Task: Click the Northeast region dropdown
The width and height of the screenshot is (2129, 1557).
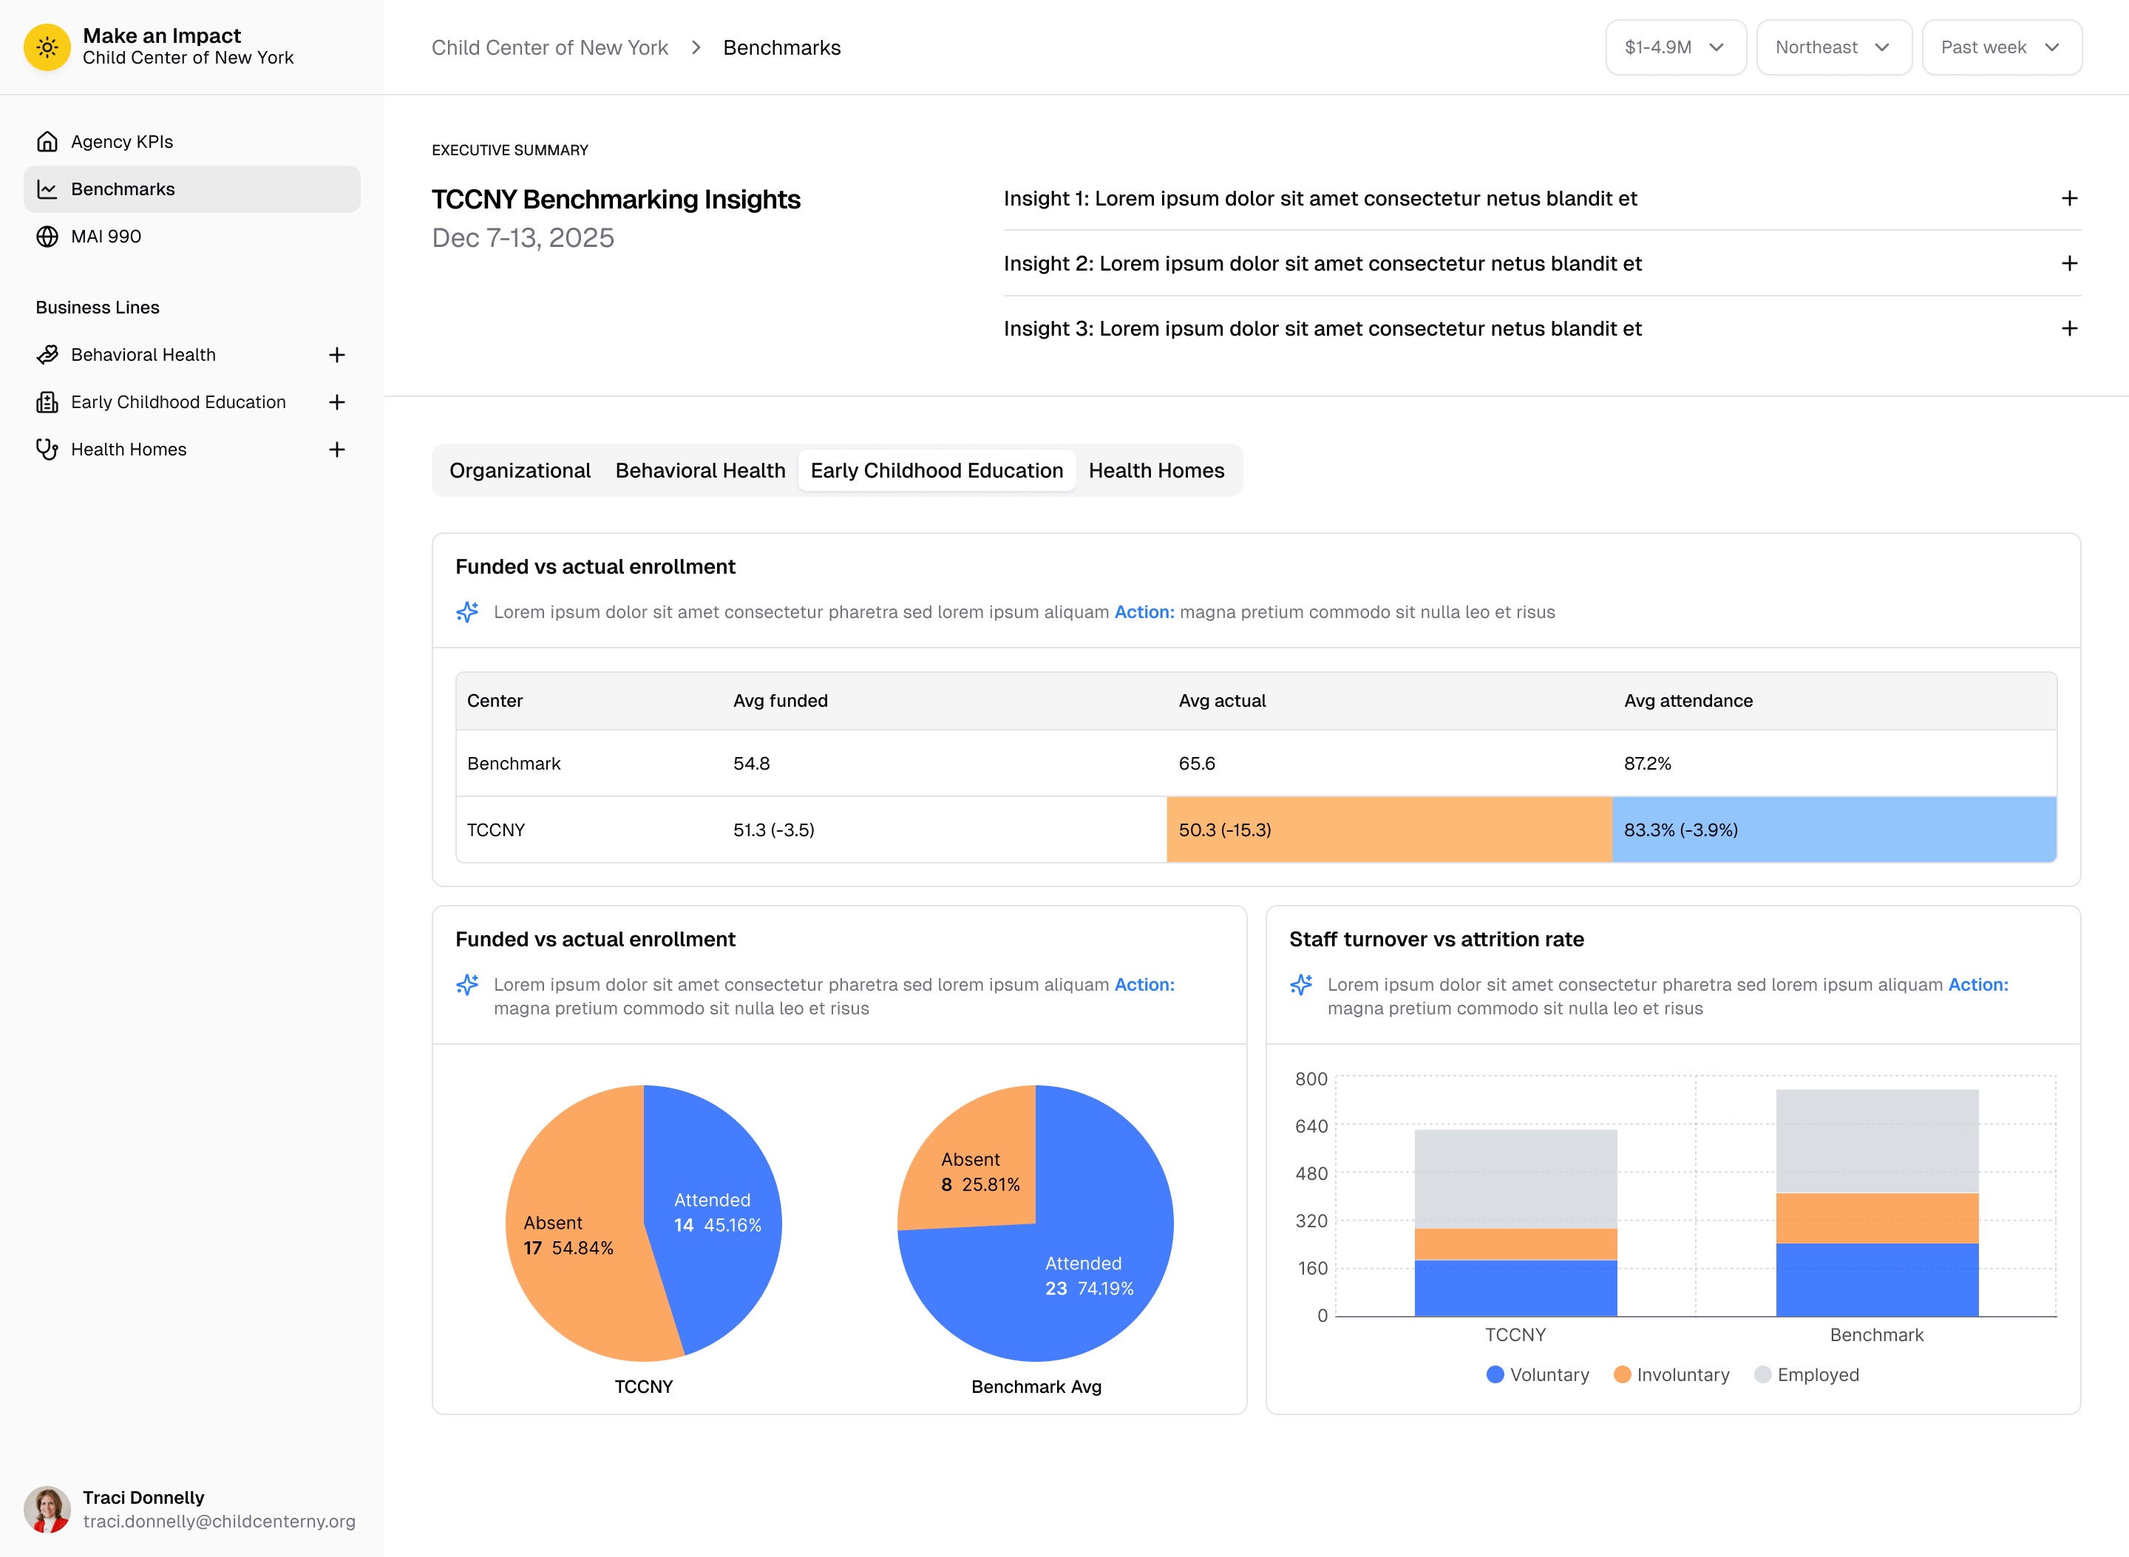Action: [1832, 47]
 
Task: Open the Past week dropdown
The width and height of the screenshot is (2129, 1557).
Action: [2000, 47]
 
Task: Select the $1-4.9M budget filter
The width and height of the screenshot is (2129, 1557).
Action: [1674, 47]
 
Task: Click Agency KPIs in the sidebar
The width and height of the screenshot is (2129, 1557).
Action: [121, 141]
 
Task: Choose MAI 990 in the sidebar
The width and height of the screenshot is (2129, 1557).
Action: [106, 237]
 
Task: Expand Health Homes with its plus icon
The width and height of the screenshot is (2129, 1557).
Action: [336, 450]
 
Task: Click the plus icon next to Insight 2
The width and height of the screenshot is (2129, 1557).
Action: [2068, 264]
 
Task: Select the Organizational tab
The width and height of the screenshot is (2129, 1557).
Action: [519, 470]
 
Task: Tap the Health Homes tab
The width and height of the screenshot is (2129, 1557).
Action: [1155, 470]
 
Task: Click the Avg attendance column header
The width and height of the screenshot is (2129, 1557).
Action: [1687, 700]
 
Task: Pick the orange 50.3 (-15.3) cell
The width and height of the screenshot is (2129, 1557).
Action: [1388, 830]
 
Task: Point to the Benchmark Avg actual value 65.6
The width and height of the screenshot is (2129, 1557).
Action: [1196, 764]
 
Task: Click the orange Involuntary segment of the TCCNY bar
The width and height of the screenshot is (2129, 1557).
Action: [1515, 1244]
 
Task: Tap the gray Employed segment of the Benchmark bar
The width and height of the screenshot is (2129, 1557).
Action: [1875, 1141]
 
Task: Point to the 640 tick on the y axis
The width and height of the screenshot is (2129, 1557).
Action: [1310, 1126]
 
